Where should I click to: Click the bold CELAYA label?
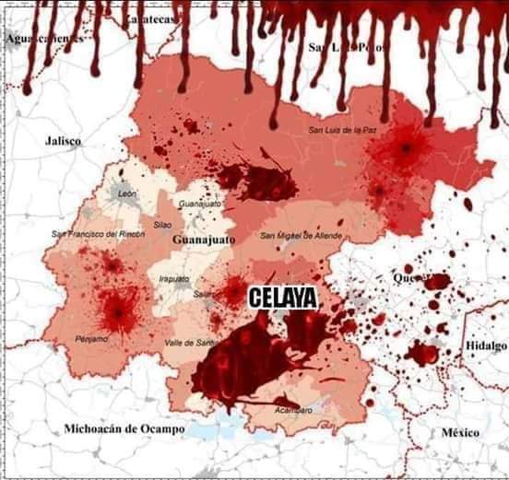283,297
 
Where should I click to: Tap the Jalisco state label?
64,141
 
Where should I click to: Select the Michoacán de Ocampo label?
124,429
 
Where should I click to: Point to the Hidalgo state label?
486,344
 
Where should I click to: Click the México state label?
461,432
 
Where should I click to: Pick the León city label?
127,193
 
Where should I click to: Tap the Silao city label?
163,224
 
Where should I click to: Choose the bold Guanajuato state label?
204,240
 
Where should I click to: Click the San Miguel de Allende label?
301,236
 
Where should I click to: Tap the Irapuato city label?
174,278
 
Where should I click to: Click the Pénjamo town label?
92,340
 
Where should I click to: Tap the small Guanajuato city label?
200,203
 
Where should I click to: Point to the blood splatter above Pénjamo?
118,311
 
